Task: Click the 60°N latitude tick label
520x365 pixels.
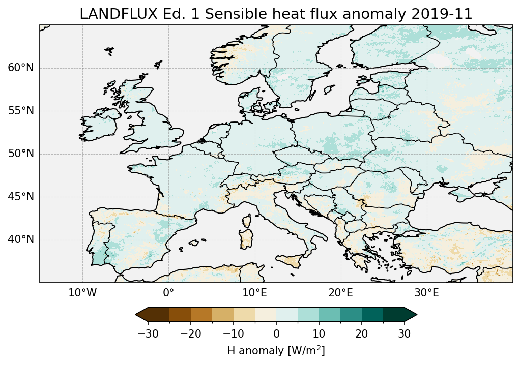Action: pyautogui.click(x=20, y=68)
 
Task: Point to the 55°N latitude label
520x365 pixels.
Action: pyautogui.click(x=20, y=111)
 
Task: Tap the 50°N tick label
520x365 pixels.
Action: pyautogui.click(x=20, y=154)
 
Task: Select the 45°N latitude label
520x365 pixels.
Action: pyautogui.click(x=20, y=197)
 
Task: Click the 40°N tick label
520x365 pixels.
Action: pyautogui.click(x=20, y=239)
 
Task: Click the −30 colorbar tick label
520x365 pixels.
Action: pyautogui.click(x=148, y=333)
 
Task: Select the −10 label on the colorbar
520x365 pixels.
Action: pyautogui.click(x=233, y=333)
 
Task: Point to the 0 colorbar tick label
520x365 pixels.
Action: pyautogui.click(x=276, y=333)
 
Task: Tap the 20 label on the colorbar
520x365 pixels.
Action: pyautogui.click(x=362, y=333)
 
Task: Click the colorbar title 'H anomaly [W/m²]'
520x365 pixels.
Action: pyautogui.click(x=276, y=351)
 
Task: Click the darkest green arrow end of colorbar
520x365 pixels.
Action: pyautogui.click(x=411, y=315)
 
